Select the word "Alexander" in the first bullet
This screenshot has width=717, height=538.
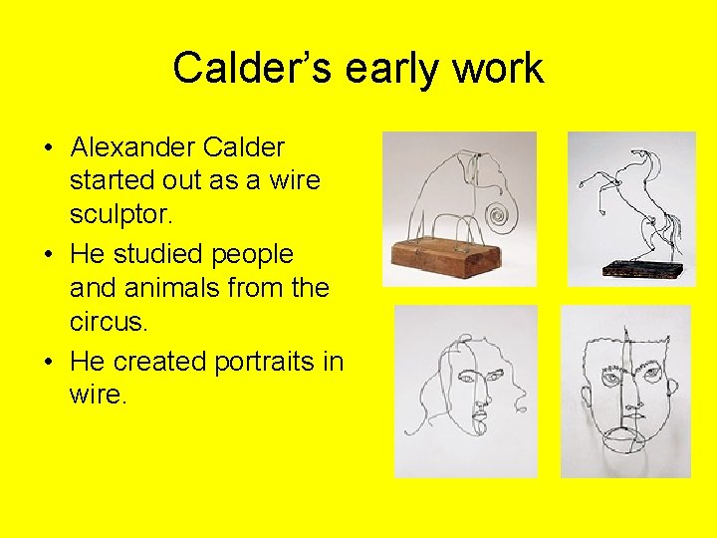click(x=132, y=148)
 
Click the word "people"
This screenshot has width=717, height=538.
click(x=255, y=254)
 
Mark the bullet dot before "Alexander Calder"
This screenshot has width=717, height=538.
click(x=49, y=149)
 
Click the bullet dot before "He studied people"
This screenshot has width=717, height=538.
click(x=49, y=255)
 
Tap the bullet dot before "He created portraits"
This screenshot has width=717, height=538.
click(x=49, y=361)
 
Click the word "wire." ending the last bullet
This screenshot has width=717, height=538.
click(x=98, y=395)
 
